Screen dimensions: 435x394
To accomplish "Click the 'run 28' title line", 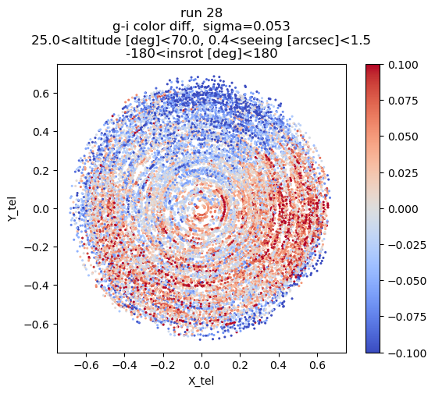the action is (x=201, y=12).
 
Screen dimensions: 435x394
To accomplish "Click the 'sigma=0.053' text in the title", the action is (x=246, y=27).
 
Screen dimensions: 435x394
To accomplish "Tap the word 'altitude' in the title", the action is (x=92, y=40).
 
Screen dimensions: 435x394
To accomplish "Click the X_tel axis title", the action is (x=201, y=381).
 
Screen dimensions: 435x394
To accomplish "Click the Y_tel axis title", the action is (x=12, y=208).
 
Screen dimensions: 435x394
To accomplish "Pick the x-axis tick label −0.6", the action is (x=86, y=365).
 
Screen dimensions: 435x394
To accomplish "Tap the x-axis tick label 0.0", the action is (x=201, y=365).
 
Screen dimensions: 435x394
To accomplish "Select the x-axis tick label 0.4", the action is (x=279, y=365).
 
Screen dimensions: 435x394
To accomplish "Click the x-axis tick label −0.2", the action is (x=163, y=365).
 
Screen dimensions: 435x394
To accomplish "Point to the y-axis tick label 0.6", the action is (x=41, y=94).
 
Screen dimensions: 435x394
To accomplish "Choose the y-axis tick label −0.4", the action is (x=37, y=286).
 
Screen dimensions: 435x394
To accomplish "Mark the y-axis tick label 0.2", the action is (x=41, y=170).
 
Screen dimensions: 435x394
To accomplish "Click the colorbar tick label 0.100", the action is (x=403, y=65).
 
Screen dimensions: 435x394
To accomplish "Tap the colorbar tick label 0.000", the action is (x=403, y=209).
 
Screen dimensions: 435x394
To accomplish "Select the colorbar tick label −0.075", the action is (x=407, y=317).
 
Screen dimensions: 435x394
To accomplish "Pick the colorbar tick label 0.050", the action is (x=403, y=137).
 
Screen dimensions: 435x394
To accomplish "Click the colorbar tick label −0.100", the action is (x=407, y=353).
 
